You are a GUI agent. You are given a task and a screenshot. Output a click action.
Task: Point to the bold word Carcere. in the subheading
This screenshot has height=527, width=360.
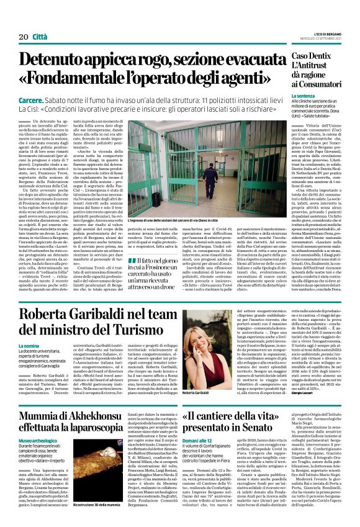(x=30, y=101)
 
